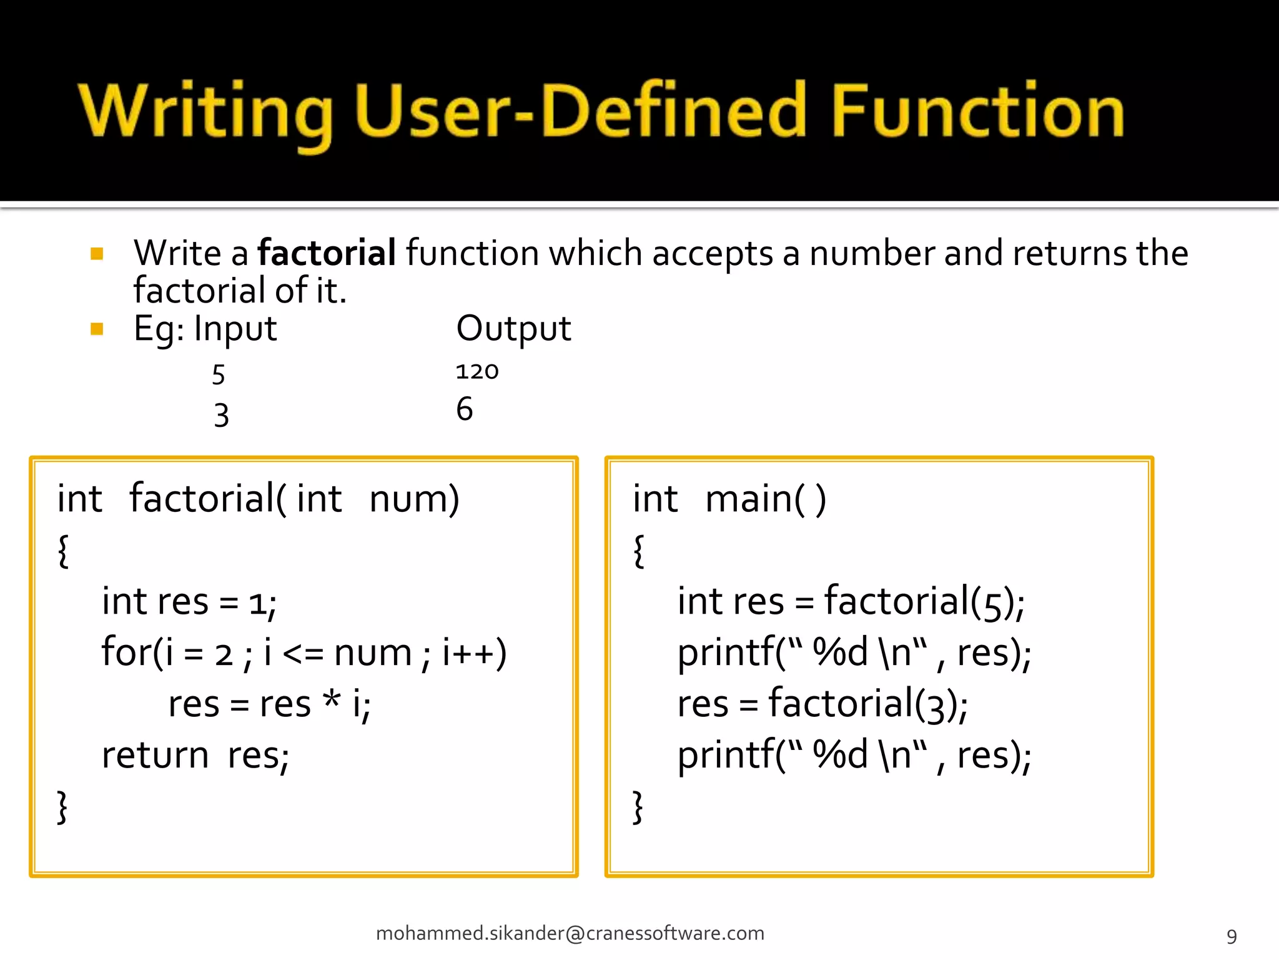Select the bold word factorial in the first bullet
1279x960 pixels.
(327, 253)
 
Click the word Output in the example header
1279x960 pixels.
(513, 329)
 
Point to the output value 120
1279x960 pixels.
(477, 371)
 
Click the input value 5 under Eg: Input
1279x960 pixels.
(218, 375)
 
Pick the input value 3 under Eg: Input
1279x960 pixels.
(221, 415)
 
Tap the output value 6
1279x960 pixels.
(464, 409)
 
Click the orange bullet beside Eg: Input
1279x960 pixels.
(97, 329)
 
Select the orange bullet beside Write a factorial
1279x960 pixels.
(97, 253)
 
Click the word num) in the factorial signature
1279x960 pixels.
(414, 499)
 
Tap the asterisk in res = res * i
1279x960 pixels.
(332, 700)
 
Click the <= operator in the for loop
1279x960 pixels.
(303, 653)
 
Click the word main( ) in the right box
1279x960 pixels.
(766, 499)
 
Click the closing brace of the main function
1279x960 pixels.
(638, 807)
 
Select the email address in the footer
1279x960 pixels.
(570, 933)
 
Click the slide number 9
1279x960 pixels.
(1232, 936)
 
